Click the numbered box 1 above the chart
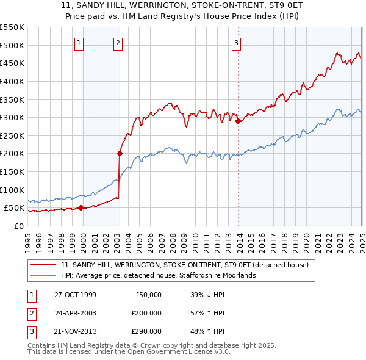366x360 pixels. pyautogui.click(x=80, y=43)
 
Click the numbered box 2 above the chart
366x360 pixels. pyautogui.click(x=118, y=43)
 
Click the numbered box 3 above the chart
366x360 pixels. pyautogui.click(x=236, y=43)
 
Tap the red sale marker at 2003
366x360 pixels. pyautogui.click(x=120, y=154)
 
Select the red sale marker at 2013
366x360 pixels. pyautogui.click(x=238, y=121)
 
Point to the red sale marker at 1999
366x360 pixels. pyautogui.click(x=81, y=208)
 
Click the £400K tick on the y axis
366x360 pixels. pyautogui.click(x=13, y=81)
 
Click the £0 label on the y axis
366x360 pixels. pyautogui.click(x=18, y=226)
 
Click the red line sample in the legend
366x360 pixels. pyautogui.click(x=43, y=265)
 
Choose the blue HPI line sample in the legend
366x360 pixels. pyautogui.click(x=43, y=275)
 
